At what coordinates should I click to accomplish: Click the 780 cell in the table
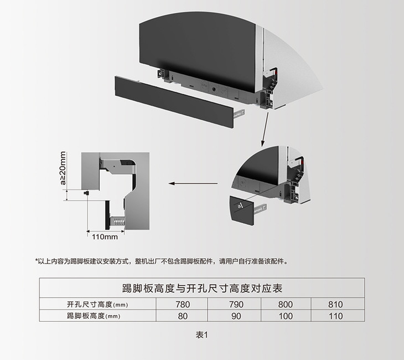click(x=182, y=304)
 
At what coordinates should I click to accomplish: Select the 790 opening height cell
click(x=235, y=304)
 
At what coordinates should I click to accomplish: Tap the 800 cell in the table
click(x=286, y=304)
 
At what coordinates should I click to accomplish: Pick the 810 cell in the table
click(x=336, y=304)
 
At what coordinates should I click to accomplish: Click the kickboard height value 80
click(x=182, y=316)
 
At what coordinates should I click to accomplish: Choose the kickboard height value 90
click(x=235, y=316)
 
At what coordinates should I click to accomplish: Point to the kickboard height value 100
click(x=286, y=316)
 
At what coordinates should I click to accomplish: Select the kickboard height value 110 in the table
click(x=336, y=316)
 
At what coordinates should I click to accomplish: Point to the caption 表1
click(x=201, y=335)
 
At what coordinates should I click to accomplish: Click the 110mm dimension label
click(x=105, y=238)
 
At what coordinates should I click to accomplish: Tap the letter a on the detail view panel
click(x=239, y=207)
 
